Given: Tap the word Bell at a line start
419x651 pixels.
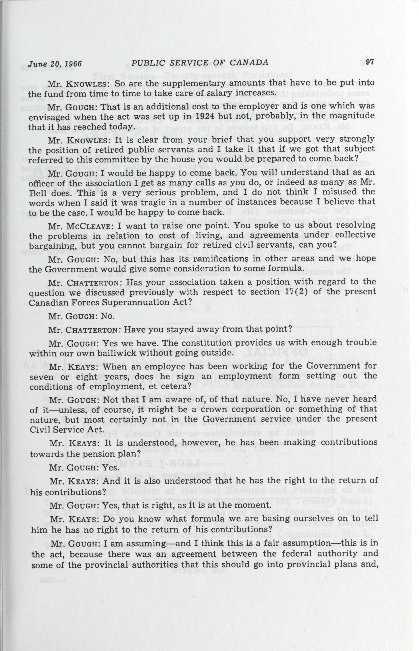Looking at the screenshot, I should coord(38,193).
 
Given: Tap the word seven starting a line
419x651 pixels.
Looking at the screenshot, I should coord(41,377).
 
